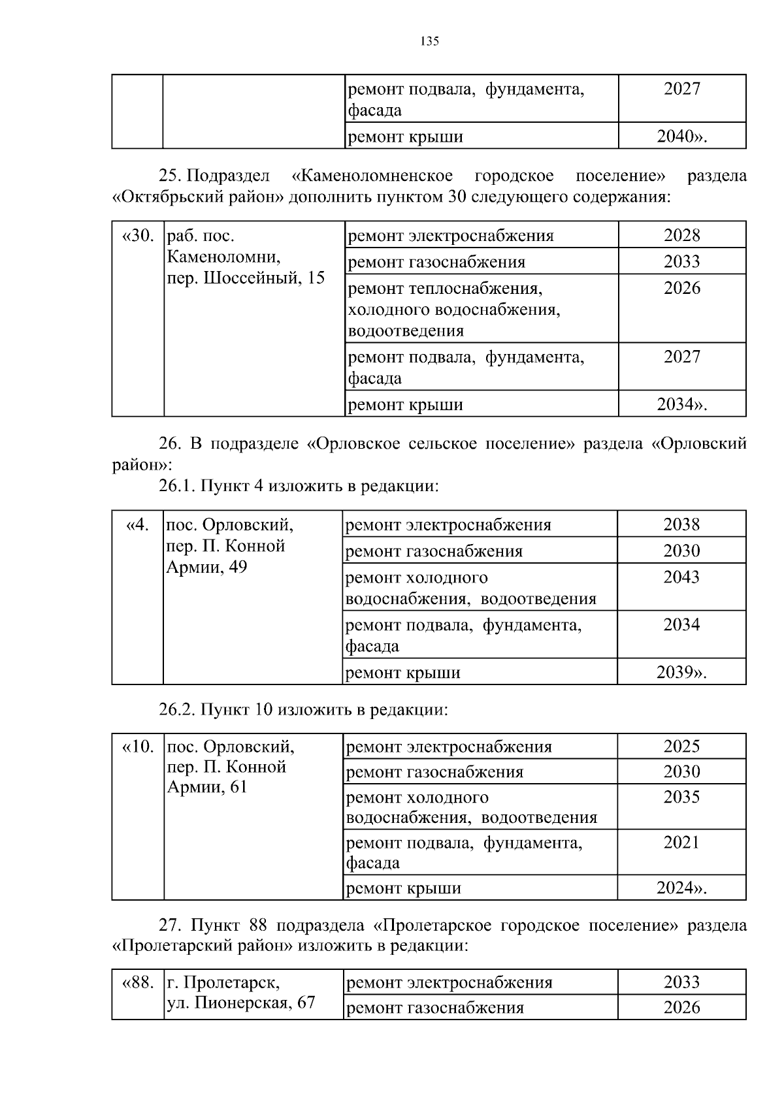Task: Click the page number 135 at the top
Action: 429,42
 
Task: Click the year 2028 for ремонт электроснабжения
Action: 681,235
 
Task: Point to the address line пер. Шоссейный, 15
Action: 246,278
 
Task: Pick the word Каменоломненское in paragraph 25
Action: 372,176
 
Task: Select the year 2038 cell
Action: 681,524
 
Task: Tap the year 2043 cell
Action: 681,577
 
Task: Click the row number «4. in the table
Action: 138,524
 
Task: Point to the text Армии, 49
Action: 207,567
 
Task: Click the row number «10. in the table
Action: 138,747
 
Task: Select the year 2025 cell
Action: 681,747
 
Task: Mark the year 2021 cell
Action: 681,843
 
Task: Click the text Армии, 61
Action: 207,788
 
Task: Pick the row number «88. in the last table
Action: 138,982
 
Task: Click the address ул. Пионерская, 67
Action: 241,1003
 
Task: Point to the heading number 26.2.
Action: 176,709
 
